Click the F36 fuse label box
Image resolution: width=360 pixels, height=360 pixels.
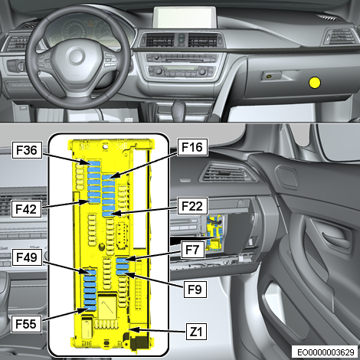click(27, 150)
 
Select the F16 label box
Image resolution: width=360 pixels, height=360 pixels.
click(192, 147)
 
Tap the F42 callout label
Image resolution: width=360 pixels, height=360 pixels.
click(26, 209)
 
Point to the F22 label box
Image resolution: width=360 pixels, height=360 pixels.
click(192, 206)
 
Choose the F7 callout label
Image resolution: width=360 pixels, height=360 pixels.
click(192, 250)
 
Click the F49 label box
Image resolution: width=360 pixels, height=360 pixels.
click(27, 257)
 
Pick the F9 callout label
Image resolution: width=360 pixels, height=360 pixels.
click(195, 290)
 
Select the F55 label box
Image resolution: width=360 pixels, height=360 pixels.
click(26, 324)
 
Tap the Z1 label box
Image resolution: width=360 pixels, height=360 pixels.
click(196, 332)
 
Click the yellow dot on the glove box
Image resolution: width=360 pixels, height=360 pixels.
click(315, 83)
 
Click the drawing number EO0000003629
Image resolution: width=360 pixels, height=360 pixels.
click(326, 352)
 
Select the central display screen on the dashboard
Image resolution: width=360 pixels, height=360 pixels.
click(185, 17)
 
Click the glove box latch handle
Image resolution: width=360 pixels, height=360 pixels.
click(271, 76)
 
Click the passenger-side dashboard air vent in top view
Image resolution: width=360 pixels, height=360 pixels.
click(340, 37)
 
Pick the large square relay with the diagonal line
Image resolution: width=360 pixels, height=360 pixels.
click(107, 306)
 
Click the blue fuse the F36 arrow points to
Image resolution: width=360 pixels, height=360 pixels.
click(93, 163)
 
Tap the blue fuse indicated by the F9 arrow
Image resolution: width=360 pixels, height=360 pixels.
click(122, 272)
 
